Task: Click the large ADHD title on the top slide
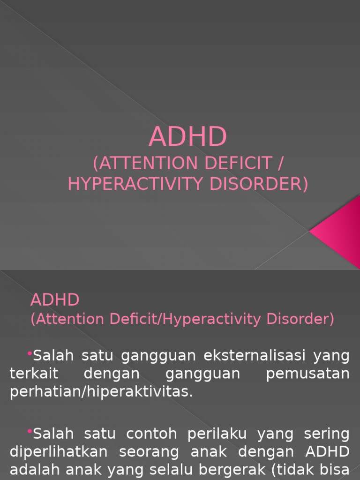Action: pos(188,137)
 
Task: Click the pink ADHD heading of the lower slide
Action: pos(55,300)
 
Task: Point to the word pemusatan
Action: pos(307,374)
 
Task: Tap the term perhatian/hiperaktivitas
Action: pos(101,392)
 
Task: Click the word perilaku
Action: pos(217,434)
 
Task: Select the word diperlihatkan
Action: pos(59,452)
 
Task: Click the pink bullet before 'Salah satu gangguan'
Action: pos(30,352)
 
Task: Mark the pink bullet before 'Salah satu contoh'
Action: pos(30,431)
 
